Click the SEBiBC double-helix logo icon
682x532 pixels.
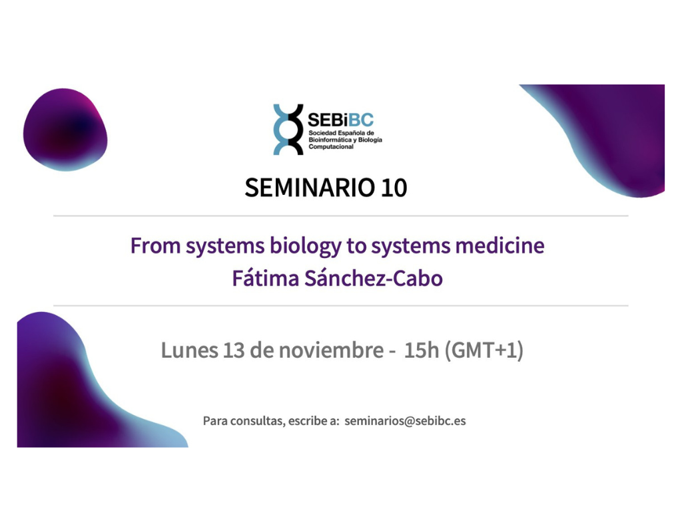click(288, 130)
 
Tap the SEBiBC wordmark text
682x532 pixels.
click(340, 120)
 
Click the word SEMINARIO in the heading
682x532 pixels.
click(310, 188)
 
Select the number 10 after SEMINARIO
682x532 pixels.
click(394, 188)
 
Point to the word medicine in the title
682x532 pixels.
click(500, 245)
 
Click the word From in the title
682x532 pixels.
click(155, 245)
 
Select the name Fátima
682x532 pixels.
click(265, 278)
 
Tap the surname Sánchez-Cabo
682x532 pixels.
click(373, 278)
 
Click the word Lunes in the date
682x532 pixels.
click(189, 350)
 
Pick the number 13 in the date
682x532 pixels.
click(234, 350)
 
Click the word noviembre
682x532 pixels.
click(331, 350)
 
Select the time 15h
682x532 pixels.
click(422, 350)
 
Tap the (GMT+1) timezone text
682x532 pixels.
click(484, 350)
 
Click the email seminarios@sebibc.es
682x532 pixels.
click(405, 421)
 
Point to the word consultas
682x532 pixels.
click(258, 421)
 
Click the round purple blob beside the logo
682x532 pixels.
click(65, 130)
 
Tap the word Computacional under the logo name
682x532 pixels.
click(331, 147)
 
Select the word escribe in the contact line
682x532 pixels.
click(305, 421)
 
